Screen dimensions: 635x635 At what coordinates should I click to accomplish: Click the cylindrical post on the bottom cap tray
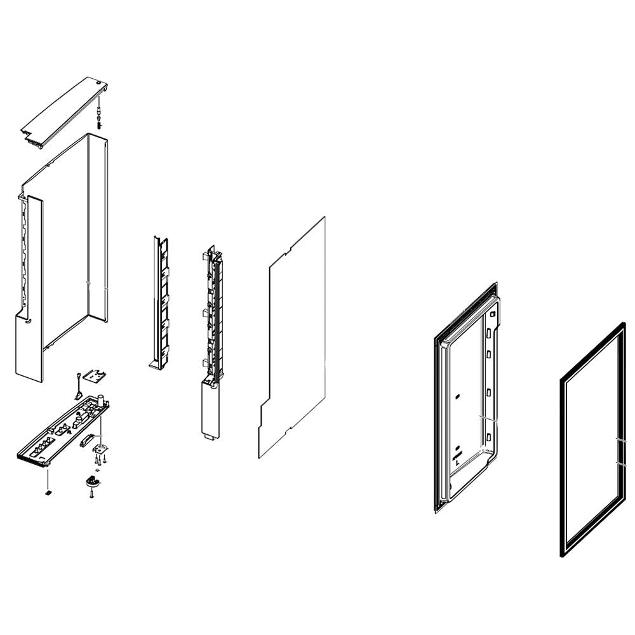pyautogui.click(x=100, y=402)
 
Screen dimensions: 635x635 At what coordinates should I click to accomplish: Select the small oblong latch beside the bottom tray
pyautogui.click(x=87, y=440)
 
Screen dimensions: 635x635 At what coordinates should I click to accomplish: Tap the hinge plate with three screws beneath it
pyautogui.click(x=100, y=448)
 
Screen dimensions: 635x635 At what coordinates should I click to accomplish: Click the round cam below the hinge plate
pyautogui.click(x=93, y=482)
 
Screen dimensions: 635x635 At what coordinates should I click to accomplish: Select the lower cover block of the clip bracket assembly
pyautogui.click(x=210, y=406)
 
